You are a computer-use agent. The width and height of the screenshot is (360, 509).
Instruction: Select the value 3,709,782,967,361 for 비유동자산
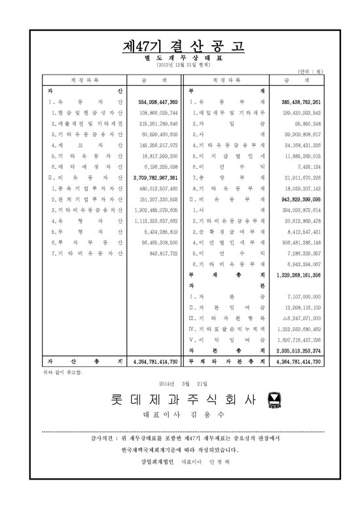click(154, 177)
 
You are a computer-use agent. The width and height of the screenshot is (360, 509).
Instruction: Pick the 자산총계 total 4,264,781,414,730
click(154, 361)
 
